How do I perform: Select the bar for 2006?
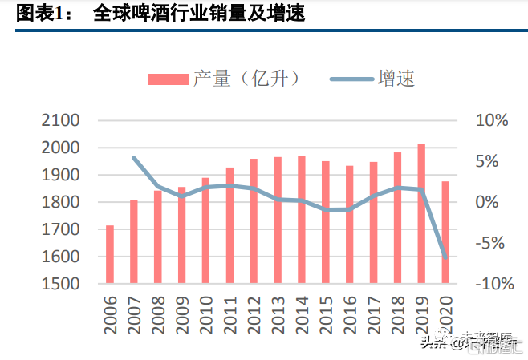pyautogui.click(x=110, y=254)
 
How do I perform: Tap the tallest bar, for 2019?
pyautogui.click(x=421, y=213)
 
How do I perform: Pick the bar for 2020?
pyautogui.click(x=445, y=233)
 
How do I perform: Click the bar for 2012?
pyautogui.click(x=254, y=220)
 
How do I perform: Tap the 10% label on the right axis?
pyautogui.click(x=492, y=120)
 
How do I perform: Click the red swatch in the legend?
pyautogui.click(x=167, y=79)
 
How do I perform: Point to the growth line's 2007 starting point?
pyautogui.click(x=134, y=158)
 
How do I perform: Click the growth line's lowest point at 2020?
pyautogui.click(x=445, y=257)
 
